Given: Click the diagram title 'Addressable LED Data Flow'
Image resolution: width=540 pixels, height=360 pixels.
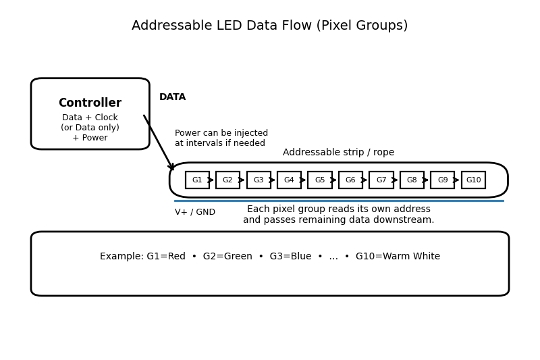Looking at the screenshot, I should pos(269,26).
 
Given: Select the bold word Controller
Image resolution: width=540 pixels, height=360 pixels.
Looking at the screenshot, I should pos(90,103).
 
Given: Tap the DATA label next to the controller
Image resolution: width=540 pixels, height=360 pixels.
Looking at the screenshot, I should pos(172,97).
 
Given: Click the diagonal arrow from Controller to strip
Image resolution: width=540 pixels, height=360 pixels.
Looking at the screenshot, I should pos(159,143).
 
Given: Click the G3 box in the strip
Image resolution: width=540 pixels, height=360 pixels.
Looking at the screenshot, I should pos(259,180).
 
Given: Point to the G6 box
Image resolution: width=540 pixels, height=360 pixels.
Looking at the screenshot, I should pos(350,180).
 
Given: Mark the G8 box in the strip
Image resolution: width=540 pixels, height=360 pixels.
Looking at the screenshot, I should pos(412,180).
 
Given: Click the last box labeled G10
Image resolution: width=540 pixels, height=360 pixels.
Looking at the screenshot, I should pos(473,180).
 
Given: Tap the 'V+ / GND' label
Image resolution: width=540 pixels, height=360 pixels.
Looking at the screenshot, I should pos(195,212).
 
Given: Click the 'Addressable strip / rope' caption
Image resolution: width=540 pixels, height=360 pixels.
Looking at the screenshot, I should pos(338,153).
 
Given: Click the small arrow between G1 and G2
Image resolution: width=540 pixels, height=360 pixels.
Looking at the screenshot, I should pos(212,180).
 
